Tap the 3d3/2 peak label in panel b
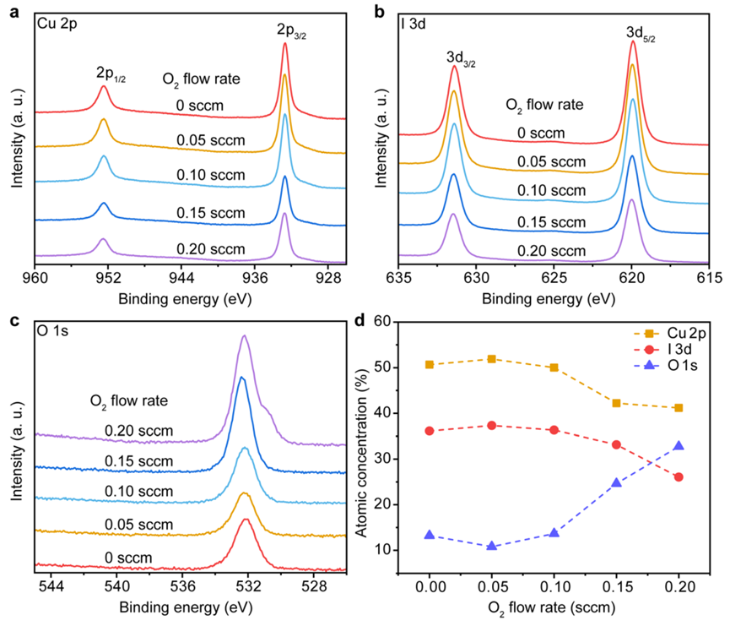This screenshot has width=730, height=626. point(461,57)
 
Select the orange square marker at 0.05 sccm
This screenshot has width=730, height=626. point(492,359)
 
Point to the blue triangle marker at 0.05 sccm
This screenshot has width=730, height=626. point(492,546)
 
